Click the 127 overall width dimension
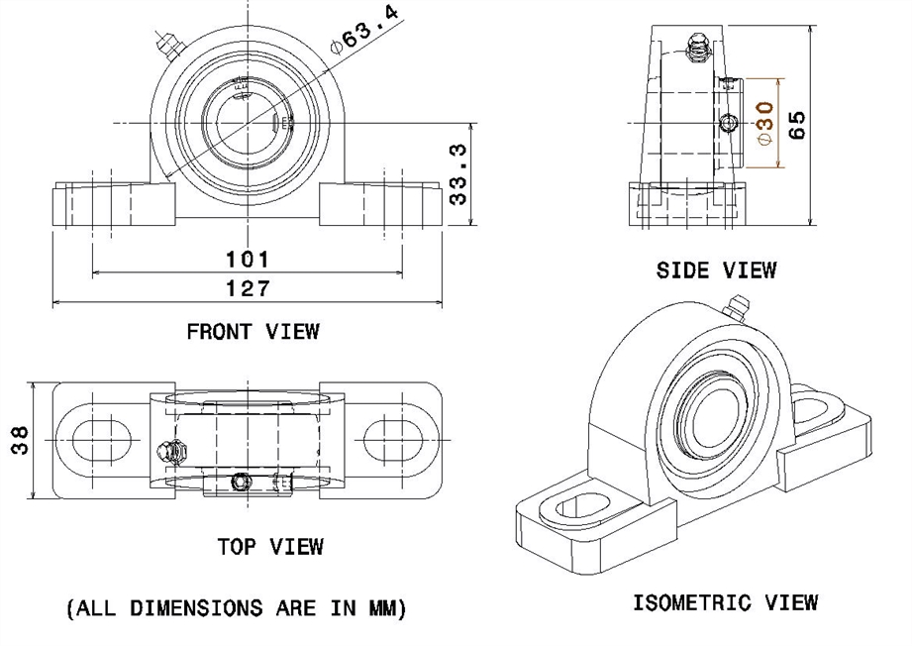pyautogui.click(x=248, y=288)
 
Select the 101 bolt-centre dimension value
pyautogui.click(x=248, y=260)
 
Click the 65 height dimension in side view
pyautogui.click(x=796, y=124)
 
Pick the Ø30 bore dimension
pyautogui.click(x=764, y=124)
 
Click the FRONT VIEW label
pyautogui.click(x=253, y=331)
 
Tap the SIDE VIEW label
pyautogui.click(x=716, y=269)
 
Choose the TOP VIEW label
pyautogui.click(x=270, y=546)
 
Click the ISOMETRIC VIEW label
pyautogui.click(x=725, y=602)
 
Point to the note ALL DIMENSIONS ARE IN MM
pyautogui.click(x=237, y=609)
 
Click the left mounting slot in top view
pyautogui.click(x=93, y=438)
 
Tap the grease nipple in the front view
pyautogui.click(x=163, y=46)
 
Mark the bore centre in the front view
pyautogui.click(x=246, y=123)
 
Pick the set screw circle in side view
pyautogui.click(x=730, y=123)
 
